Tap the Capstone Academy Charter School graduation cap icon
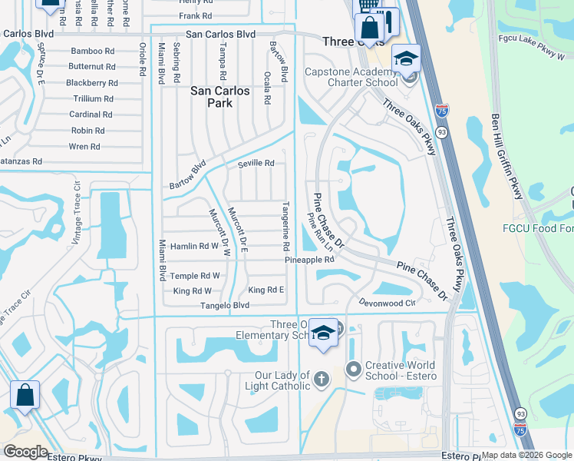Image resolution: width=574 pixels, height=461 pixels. tap(406, 59)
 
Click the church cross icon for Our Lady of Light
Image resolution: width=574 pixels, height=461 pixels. tap(320, 379)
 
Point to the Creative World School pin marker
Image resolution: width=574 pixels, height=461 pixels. tap(353, 370)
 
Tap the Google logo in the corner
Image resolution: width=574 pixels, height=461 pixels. tap(25, 452)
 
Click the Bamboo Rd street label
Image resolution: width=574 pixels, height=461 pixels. tap(92, 51)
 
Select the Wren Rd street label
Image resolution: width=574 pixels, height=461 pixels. tap(84, 147)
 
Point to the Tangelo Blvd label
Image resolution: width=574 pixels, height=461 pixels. tap(225, 305)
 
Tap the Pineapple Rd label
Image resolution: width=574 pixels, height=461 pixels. tap(310, 260)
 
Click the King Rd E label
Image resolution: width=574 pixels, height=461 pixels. tap(266, 290)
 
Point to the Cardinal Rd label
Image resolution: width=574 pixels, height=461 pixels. tap(91, 114)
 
